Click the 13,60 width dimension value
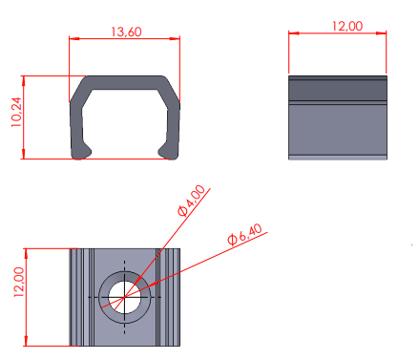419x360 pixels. (x=126, y=32)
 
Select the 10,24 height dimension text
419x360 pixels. (x=16, y=112)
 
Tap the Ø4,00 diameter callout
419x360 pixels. (x=191, y=201)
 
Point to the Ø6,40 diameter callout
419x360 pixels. (x=244, y=234)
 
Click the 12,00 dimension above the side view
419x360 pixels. (x=347, y=26)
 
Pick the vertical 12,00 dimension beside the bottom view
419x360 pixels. (x=18, y=282)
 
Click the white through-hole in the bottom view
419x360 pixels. (x=124, y=297)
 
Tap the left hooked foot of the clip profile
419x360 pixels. (x=81, y=153)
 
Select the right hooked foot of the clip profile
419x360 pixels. (x=168, y=153)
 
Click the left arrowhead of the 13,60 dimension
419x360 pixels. (x=74, y=39)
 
